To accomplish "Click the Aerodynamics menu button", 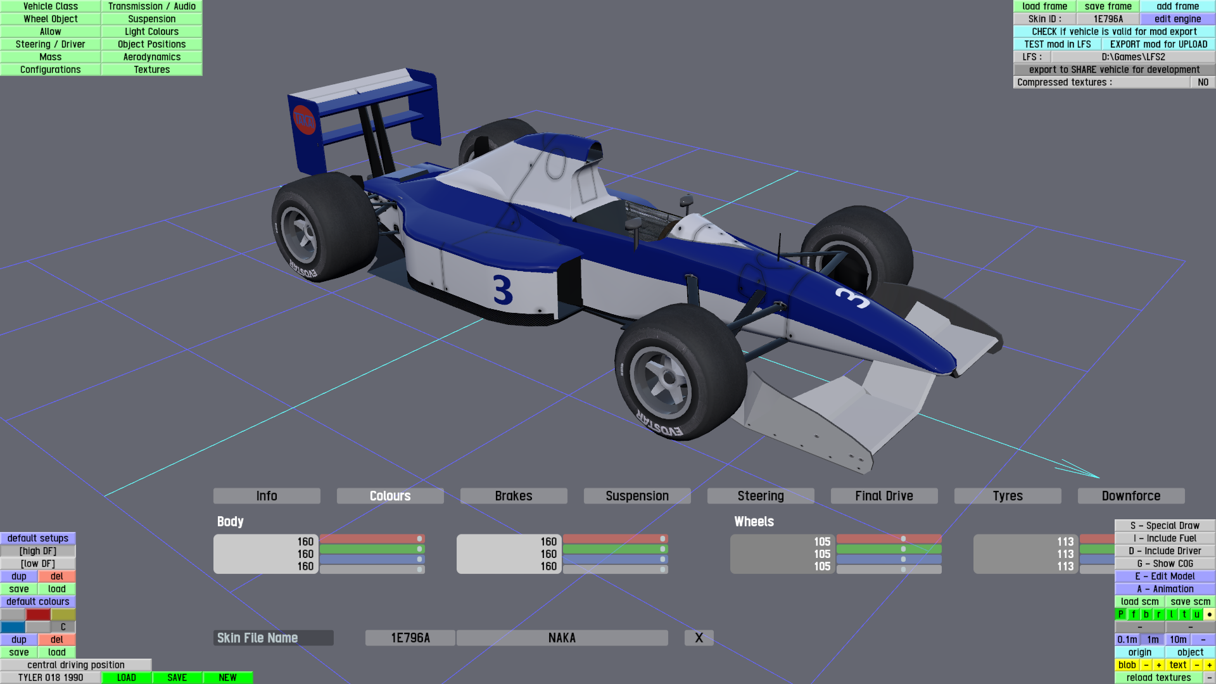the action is pos(152,57).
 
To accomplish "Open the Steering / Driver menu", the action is pos(51,44).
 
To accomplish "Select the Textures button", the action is pos(152,70).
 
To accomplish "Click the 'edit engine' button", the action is pos(1177,19).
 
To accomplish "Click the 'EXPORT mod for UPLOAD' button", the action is pos(1158,44).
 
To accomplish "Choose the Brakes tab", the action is pos(514,496).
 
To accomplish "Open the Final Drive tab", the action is pos(884,496).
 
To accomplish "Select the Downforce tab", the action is pos(1131,496).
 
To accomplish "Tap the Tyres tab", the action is pos(1008,496).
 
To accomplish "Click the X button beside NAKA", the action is pos(699,638).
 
